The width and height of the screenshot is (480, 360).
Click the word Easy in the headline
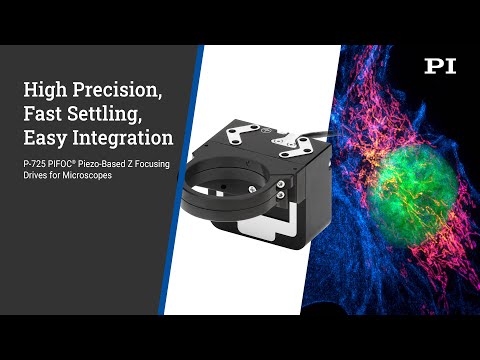[44, 136]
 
